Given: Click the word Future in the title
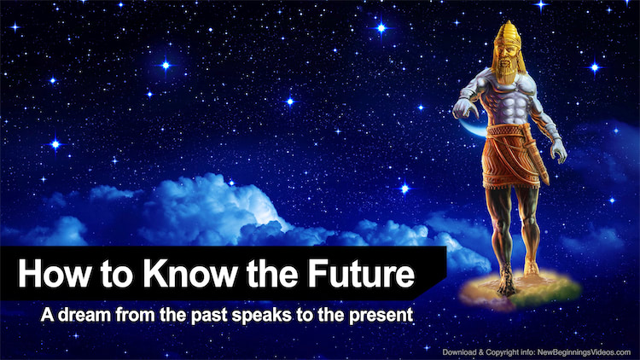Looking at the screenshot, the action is pos(361,273).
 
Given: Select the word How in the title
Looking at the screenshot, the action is pos(55,273).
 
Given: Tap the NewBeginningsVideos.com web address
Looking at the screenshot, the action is pos(584,351).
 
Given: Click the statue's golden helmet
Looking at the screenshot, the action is pos(508,35).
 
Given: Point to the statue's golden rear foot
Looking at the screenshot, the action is pos(531,267).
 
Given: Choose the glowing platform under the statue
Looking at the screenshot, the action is pos(520,289).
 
